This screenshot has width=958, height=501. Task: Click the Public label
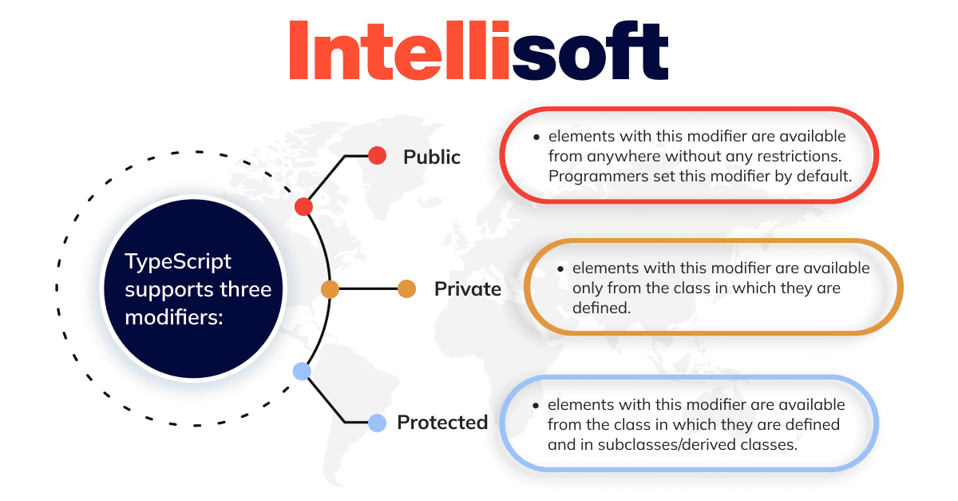coord(432,157)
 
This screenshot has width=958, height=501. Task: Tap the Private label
coord(468,288)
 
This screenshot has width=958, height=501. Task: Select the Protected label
coord(442,422)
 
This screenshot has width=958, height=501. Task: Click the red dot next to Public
coord(377,156)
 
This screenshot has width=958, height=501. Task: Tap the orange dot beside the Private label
coord(406,289)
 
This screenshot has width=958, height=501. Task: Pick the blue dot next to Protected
coord(377,423)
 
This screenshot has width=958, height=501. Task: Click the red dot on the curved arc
coord(303,207)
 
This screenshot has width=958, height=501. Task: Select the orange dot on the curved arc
coord(330,289)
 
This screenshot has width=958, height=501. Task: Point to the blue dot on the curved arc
coord(302,372)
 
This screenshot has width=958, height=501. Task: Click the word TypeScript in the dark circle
coord(178,261)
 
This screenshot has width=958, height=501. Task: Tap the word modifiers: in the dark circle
coord(174,317)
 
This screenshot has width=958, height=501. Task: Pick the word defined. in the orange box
coord(601,308)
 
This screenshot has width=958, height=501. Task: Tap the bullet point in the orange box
coord(560,269)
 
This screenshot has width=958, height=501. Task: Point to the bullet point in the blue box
coord(536,405)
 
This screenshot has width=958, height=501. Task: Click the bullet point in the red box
coord(536,137)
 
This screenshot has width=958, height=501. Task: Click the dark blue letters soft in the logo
coord(590,50)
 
